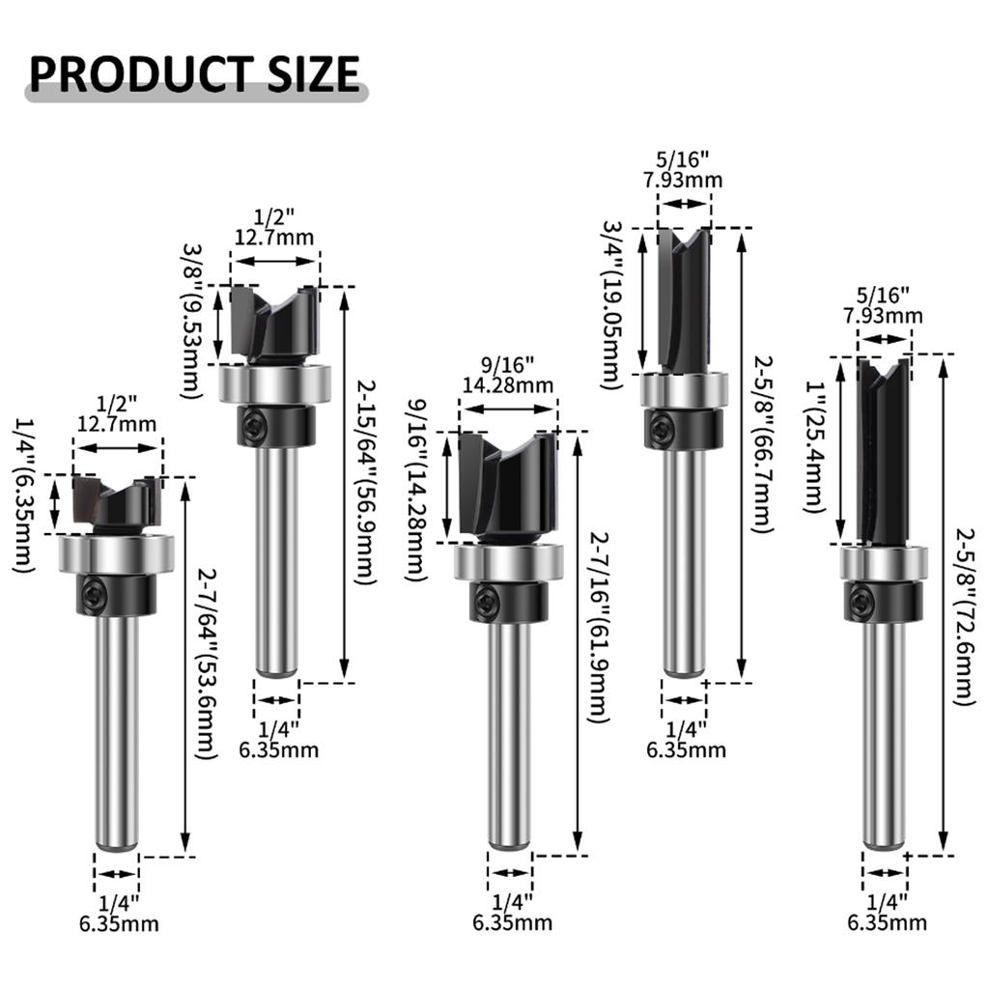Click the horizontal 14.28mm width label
pos(508,386)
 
